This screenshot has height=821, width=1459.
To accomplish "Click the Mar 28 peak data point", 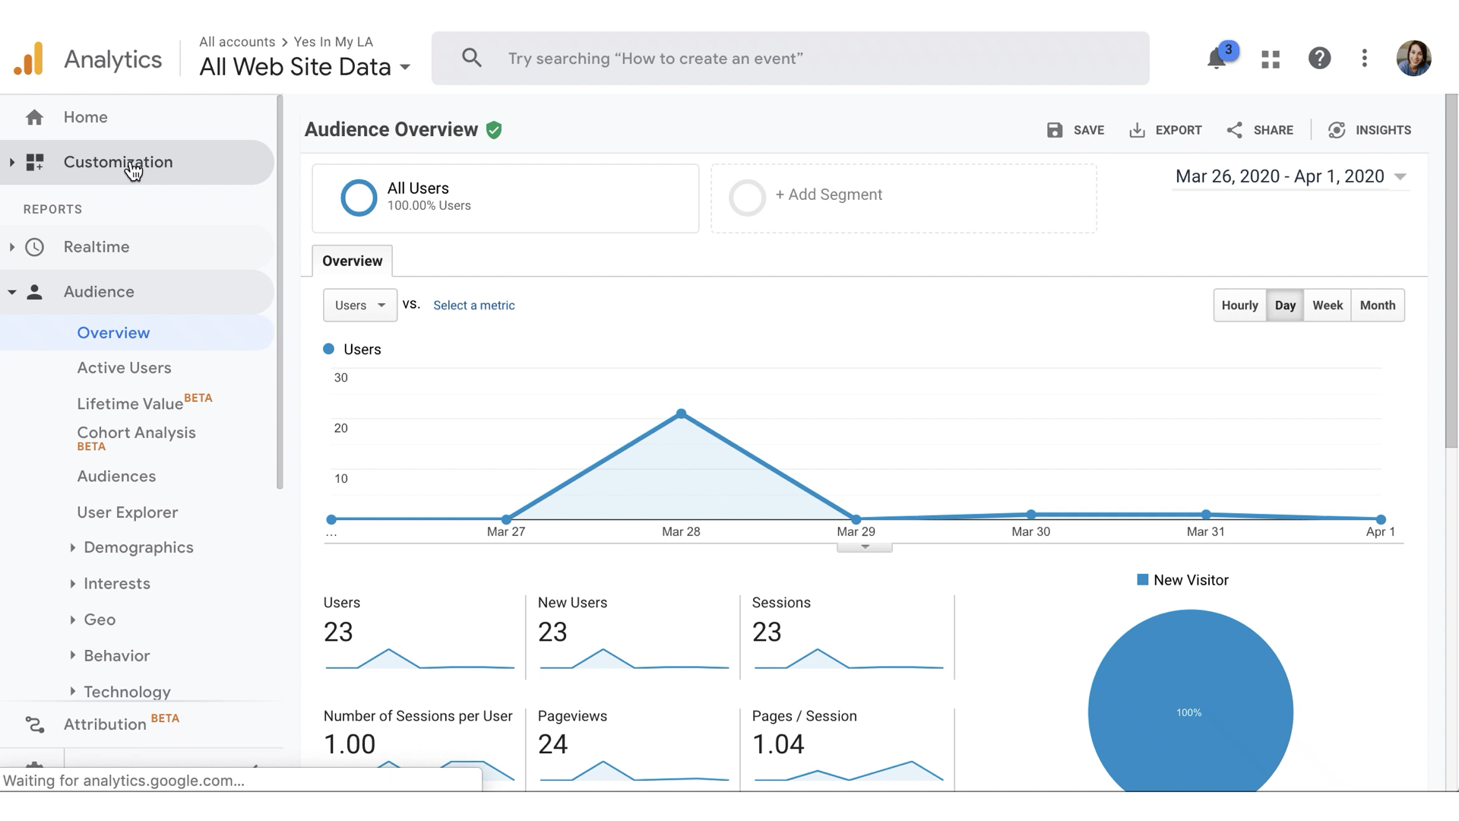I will click(x=681, y=414).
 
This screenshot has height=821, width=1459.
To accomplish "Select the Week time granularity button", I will click(x=1327, y=305).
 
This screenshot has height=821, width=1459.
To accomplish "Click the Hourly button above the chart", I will click(x=1239, y=305).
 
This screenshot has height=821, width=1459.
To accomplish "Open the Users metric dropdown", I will click(x=359, y=305).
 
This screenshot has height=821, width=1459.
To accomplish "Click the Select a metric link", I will click(x=473, y=305).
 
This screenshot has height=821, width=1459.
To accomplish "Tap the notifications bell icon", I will click(x=1217, y=59).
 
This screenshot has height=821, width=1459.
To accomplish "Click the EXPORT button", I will click(x=1166, y=130).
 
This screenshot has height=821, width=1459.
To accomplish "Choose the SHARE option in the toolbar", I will click(x=1260, y=130).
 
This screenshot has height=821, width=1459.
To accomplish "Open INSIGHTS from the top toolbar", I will click(x=1369, y=130).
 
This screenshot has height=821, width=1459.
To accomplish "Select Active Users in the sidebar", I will click(x=124, y=368).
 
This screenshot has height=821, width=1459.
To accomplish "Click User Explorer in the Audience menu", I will click(x=127, y=512).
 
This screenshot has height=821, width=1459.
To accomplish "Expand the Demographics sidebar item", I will click(x=138, y=547).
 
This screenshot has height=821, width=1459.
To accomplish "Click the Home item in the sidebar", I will click(x=85, y=117).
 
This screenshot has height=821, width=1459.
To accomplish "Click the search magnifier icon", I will click(x=471, y=58).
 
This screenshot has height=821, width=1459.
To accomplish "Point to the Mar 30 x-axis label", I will click(x=1030, y=531).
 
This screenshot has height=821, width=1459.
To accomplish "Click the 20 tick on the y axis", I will click(x=340, y=428).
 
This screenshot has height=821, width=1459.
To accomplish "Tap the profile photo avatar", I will click(x=1413, y=59).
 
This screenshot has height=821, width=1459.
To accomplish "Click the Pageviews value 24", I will click(x=552, y=743).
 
